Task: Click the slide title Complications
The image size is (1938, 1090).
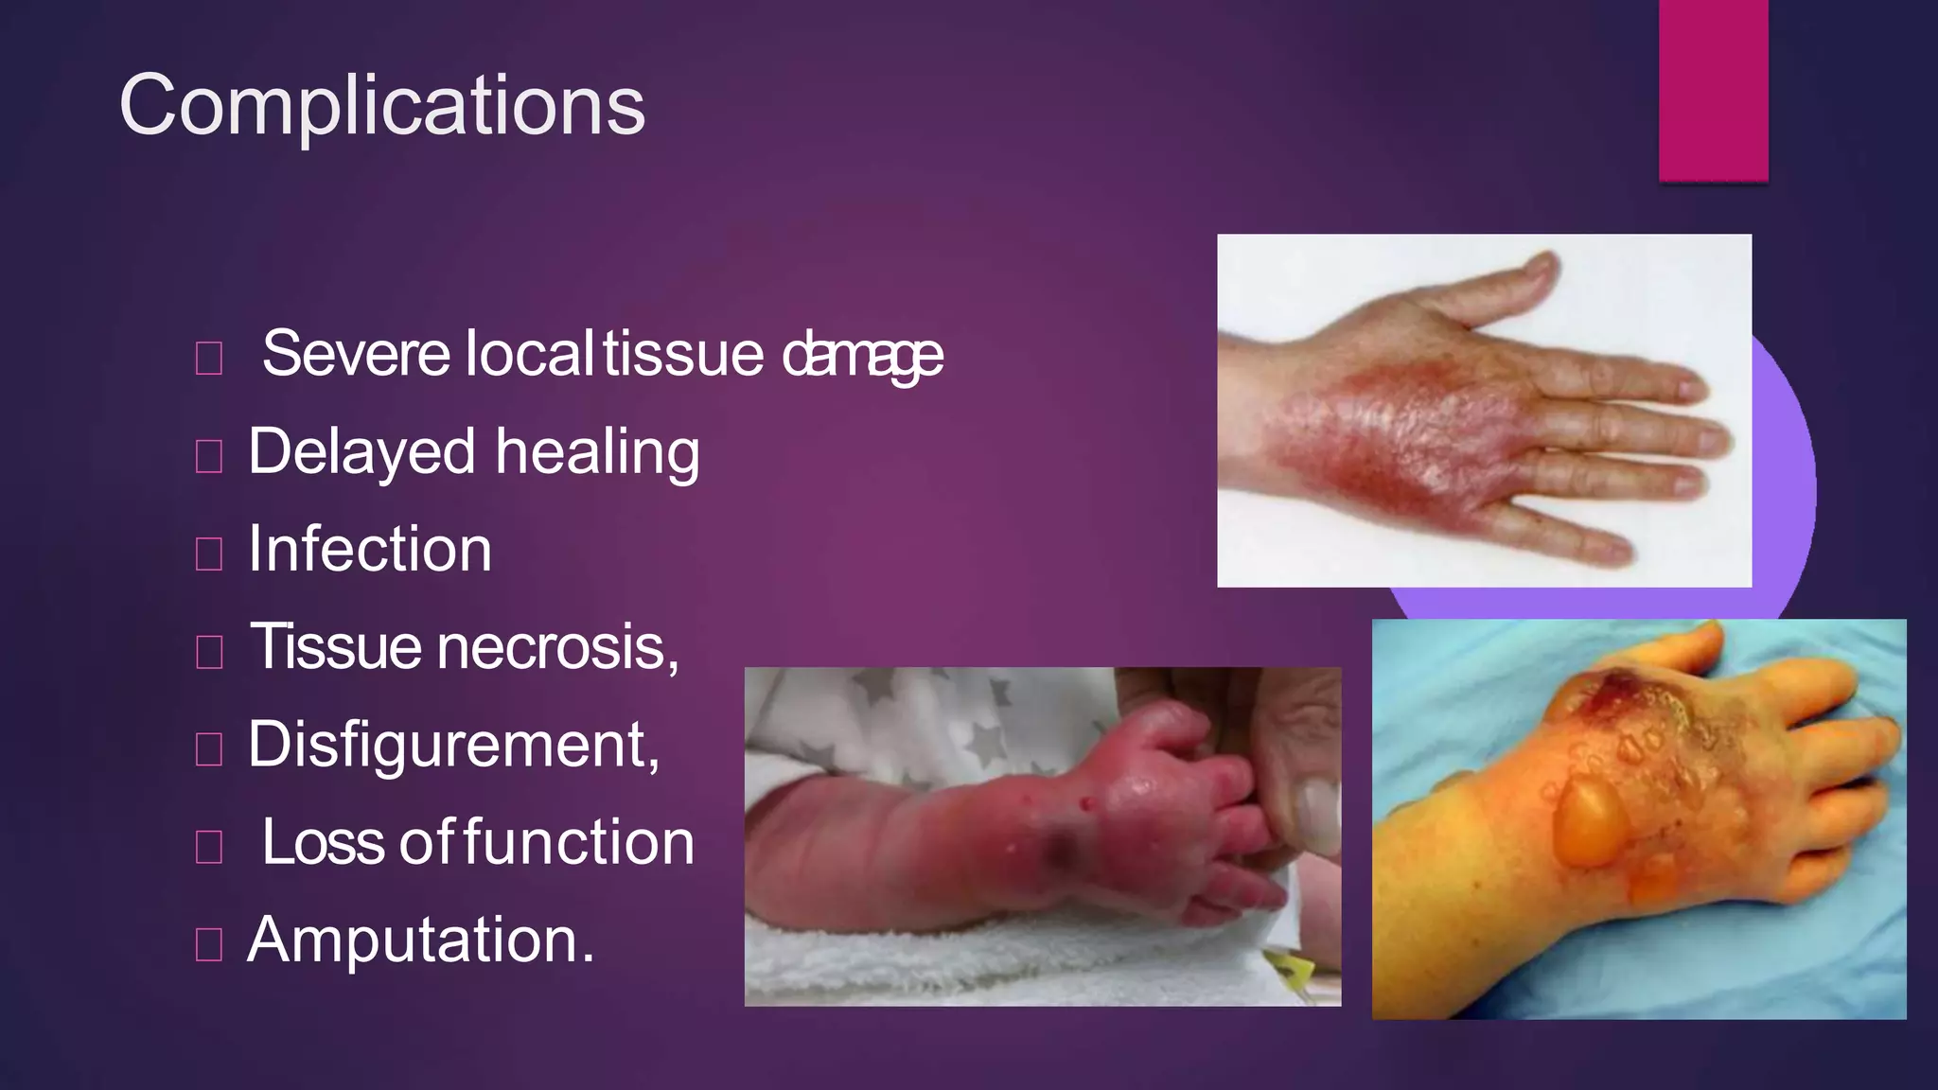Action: click(381, 105)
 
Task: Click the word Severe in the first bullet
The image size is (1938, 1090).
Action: click(356, 354)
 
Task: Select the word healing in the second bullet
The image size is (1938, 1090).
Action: click(597, 452)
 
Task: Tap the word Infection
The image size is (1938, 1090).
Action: click(370, 550)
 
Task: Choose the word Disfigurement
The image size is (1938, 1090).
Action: click(453, 746)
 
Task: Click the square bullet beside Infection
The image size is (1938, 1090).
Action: click(208, 554)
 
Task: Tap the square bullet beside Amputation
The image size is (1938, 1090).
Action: click(208, 944)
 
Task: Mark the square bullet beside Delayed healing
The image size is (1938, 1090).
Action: click(208, 456)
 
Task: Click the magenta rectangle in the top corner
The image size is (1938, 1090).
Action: click(1713, 90)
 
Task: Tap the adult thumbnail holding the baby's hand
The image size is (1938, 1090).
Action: click(1316, 812)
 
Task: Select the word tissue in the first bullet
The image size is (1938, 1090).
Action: click(683, 354)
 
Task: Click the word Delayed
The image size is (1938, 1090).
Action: click(361, 452)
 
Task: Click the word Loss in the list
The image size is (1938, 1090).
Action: click(324, 842)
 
